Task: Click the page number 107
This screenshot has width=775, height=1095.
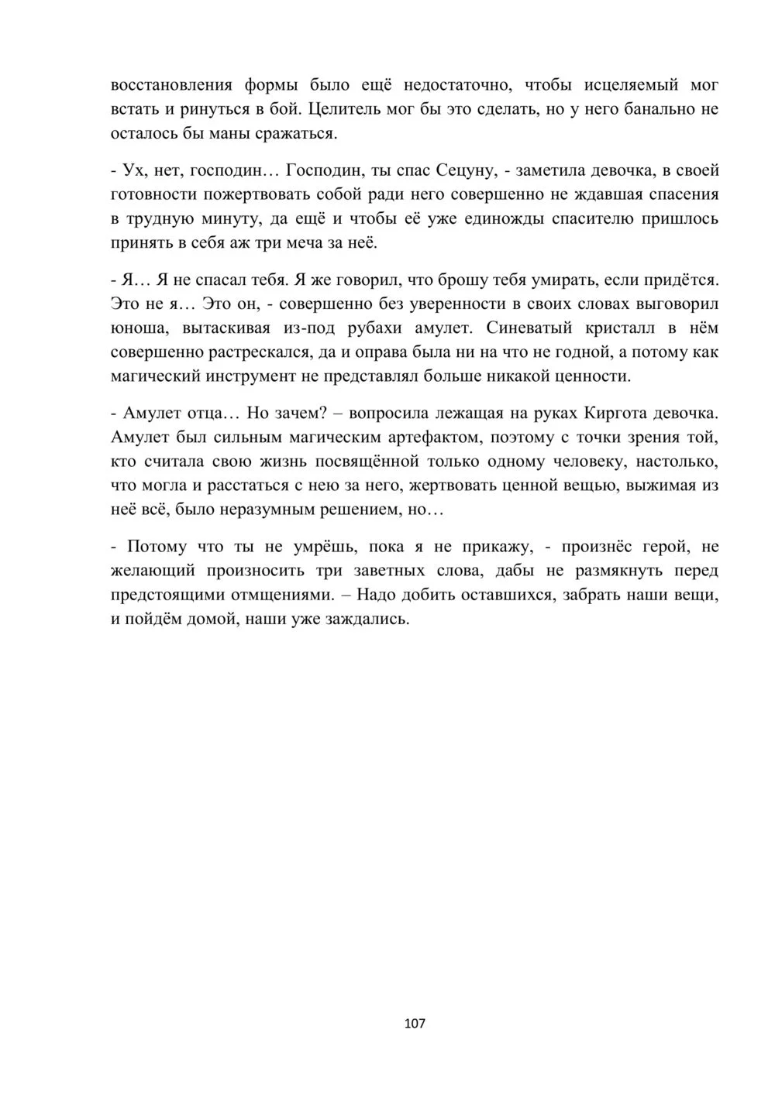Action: [x=415, y=1024]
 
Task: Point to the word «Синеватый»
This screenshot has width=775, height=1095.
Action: [x=533, y=328]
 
